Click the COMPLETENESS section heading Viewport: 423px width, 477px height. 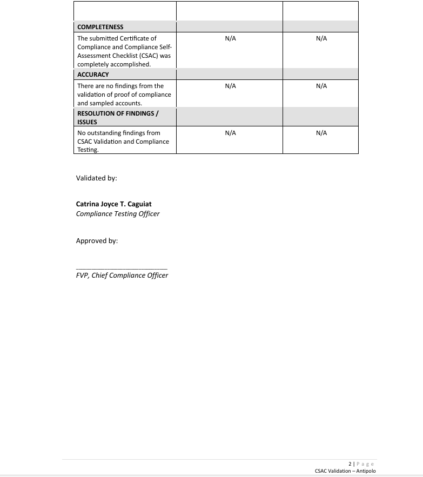(100, 27)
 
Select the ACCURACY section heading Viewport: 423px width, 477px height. (93, 75)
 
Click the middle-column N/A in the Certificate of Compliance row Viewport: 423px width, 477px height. (230, 38)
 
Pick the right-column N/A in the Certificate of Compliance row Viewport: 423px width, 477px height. (321, 38)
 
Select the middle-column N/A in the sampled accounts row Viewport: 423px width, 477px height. (230, 86)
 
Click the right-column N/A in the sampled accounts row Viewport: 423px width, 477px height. (321, 86)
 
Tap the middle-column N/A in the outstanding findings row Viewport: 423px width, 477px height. (230, 133)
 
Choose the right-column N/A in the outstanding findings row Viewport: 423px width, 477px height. (321, 133)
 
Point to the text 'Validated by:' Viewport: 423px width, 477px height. (96, 178)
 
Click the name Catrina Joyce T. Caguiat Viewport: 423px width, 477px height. (113, 204)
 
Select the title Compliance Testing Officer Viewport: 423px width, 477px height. (118, 213)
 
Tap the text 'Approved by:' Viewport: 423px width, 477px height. (97, 241)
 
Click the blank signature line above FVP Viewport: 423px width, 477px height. (122, 268)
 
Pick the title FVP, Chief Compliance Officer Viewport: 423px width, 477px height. (122, 276)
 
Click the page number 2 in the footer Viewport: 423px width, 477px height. (350, 463)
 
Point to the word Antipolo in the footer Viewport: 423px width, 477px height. (366, 471)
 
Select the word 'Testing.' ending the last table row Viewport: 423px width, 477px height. (88, 150)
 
